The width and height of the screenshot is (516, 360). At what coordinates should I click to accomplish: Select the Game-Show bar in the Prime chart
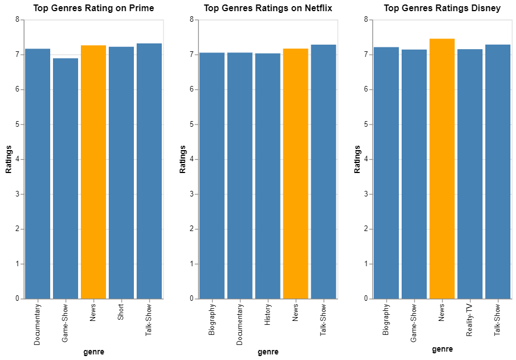point(65,179)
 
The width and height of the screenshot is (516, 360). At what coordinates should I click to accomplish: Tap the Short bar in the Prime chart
point(121,172)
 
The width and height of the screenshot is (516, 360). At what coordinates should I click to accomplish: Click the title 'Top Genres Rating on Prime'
point(94,8)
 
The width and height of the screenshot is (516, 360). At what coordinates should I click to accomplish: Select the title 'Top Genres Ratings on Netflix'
point(268,8)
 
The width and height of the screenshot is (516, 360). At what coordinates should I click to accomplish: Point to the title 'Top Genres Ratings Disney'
point(442,8)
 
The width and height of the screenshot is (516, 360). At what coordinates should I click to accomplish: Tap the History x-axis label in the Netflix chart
point(268,315)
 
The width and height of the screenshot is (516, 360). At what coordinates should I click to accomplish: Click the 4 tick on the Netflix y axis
point(191,159)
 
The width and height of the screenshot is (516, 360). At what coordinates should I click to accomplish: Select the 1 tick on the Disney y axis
point(366,264)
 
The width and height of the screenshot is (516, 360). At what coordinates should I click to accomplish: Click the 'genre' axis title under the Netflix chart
point(268,352)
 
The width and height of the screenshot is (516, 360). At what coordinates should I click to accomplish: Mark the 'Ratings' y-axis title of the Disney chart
point(358,159)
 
